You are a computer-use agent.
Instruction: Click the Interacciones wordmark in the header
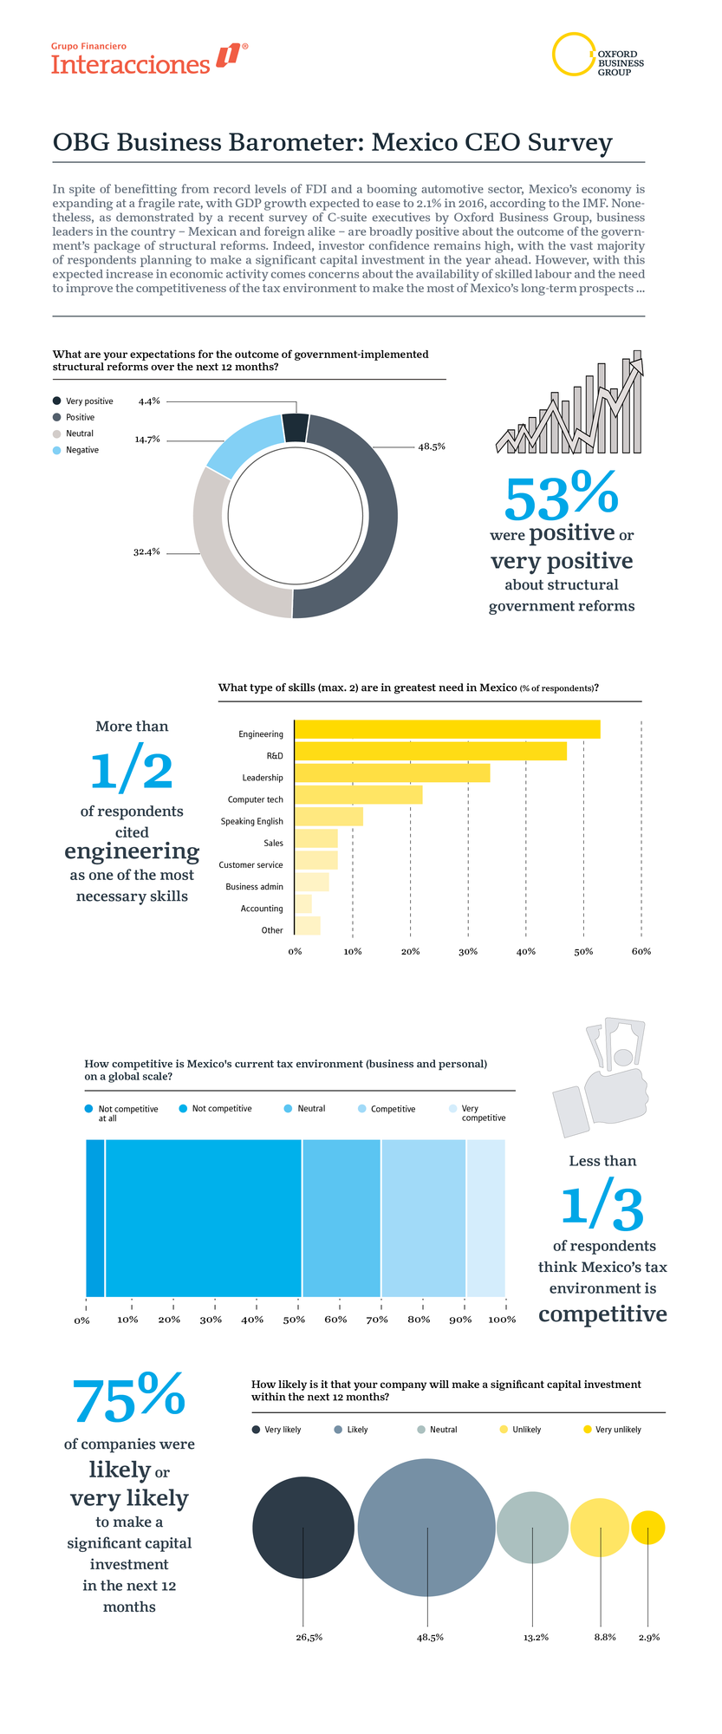coord(131,65)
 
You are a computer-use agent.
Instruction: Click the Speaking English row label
coord(251,822)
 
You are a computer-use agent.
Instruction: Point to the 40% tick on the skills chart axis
coord(525,952)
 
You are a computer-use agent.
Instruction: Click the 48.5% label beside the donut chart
coord(432,447)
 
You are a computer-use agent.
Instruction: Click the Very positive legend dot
coord(57,401)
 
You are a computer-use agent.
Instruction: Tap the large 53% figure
coord(561,497)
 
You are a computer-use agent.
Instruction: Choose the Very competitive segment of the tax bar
coord(485,1218)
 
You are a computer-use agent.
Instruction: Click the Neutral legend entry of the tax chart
coord(310,1109)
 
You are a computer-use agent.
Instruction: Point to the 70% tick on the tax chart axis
coord(377,1320)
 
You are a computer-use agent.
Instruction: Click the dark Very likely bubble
coord(302,1528)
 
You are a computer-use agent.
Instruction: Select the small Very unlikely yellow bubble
coord(648,1528)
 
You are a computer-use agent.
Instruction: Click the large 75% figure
coord(128,1398)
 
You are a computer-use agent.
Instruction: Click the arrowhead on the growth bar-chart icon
coord(639,365)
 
